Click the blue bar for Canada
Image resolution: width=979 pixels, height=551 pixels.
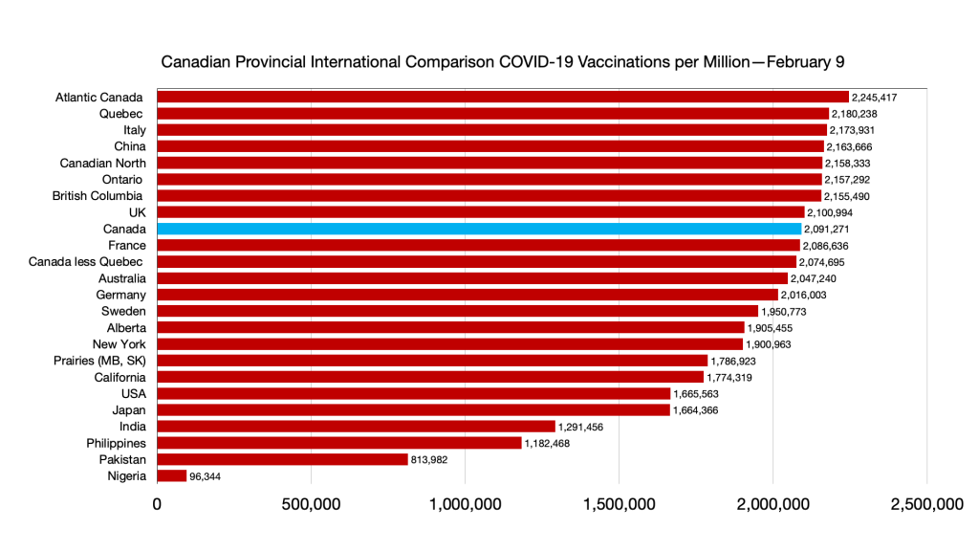pos(478,230)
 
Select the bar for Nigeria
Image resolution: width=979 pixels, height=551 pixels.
pos(172,476)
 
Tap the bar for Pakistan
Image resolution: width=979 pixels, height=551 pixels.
pos(282,459)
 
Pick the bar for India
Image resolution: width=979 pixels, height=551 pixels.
pos(356,427)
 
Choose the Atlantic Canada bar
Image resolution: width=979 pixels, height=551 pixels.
pos(503,98)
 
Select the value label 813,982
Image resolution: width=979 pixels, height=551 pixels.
pos(430,459)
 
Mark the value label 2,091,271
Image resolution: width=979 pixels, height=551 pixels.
pos(827,230)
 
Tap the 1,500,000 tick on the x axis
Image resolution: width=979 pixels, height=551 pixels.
pos(619,503)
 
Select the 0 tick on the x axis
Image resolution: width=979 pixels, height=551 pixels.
pos(157,503)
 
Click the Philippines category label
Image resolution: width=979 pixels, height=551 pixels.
pos(116,443)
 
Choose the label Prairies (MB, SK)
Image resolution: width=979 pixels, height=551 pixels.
pos(100,361)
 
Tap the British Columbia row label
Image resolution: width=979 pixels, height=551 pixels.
pos(99,196)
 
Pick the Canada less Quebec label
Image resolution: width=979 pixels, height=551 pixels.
pos(87,262)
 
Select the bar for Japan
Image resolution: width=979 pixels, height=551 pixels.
pos(413,410)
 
